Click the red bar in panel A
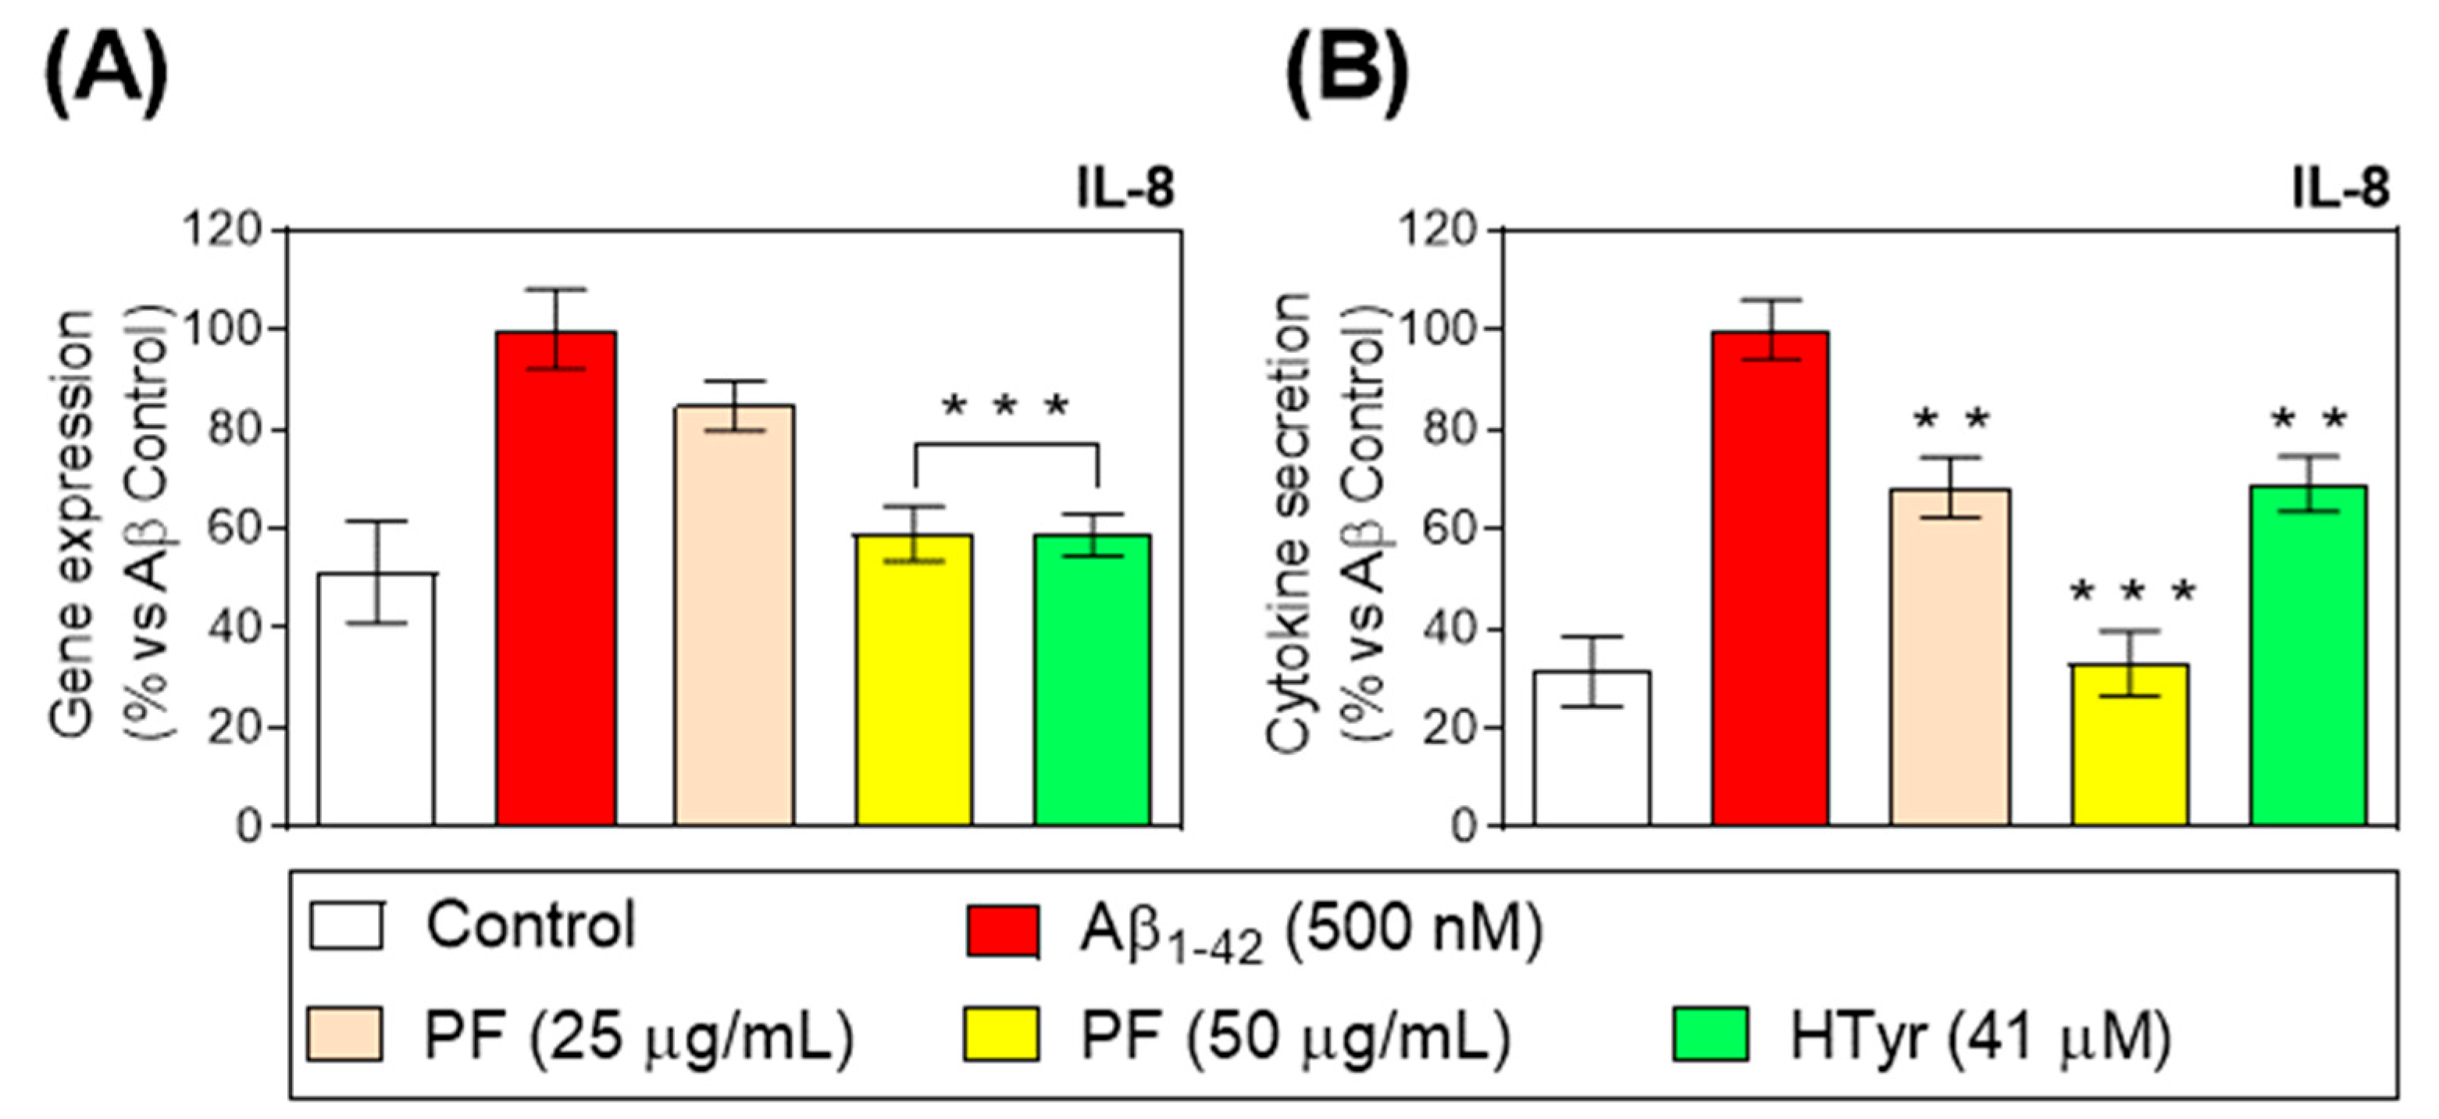click(556, 578)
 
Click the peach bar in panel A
click(734, 615)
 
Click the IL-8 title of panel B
click(2340, 188)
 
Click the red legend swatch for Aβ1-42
click(1003, 930)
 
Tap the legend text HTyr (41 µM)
click(1979, 1037)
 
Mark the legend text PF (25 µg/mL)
click(639, 1037)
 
